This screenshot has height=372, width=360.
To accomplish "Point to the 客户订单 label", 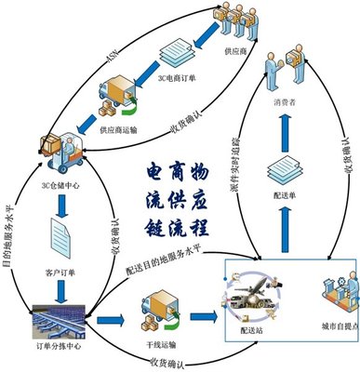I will [59, 247].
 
